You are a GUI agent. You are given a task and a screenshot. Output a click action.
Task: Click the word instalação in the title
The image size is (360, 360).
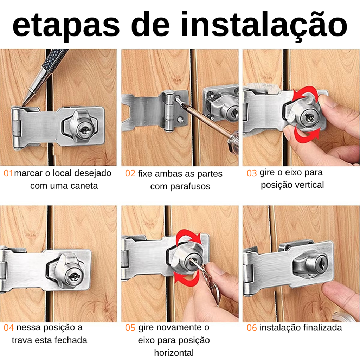[264, 25]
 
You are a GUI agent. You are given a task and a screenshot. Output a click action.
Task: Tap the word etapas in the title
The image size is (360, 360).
[66, 26]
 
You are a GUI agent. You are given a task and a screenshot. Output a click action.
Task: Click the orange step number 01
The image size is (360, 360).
[8, 173]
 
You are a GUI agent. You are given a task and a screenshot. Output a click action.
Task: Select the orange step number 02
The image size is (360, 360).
[130, 173]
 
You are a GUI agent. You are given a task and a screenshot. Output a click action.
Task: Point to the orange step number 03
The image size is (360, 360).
[252, 173]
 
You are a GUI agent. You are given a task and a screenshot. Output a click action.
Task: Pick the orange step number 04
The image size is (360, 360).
[9, 328]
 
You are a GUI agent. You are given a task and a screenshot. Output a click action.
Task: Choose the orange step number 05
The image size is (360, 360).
[130, 328]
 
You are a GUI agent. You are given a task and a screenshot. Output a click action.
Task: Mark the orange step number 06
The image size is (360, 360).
[252, 328]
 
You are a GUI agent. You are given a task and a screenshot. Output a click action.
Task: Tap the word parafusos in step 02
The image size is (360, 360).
[190, 187]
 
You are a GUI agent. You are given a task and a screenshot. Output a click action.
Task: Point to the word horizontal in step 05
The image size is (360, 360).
[174, 353]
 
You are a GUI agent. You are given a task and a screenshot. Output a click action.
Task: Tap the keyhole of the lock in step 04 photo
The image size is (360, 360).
[74, 276]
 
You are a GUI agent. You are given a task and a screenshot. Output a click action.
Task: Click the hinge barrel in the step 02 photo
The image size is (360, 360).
[169, 111]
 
